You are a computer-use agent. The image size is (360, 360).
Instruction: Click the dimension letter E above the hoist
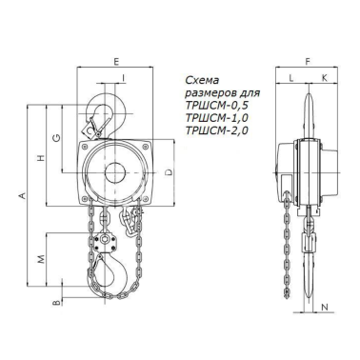click(x=116, y=62)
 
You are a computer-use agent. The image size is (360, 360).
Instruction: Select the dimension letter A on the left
click(x=22, y=196)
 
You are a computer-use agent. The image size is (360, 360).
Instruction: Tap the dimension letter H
click(x=40, y=158)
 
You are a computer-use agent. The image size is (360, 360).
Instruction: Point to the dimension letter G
click(x=56, y=137)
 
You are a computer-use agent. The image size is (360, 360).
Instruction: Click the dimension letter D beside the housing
click(x=170, y=172)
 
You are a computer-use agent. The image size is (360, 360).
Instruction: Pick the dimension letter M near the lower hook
click(x=41, y=259)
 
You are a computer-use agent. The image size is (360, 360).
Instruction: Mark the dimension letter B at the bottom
click(x=56, y=303)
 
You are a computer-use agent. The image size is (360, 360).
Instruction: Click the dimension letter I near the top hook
click(x=123, y=76)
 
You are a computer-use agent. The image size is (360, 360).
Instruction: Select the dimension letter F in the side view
click(x=308, y=62)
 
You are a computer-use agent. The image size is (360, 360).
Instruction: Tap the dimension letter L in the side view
click(x=291, y=78)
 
